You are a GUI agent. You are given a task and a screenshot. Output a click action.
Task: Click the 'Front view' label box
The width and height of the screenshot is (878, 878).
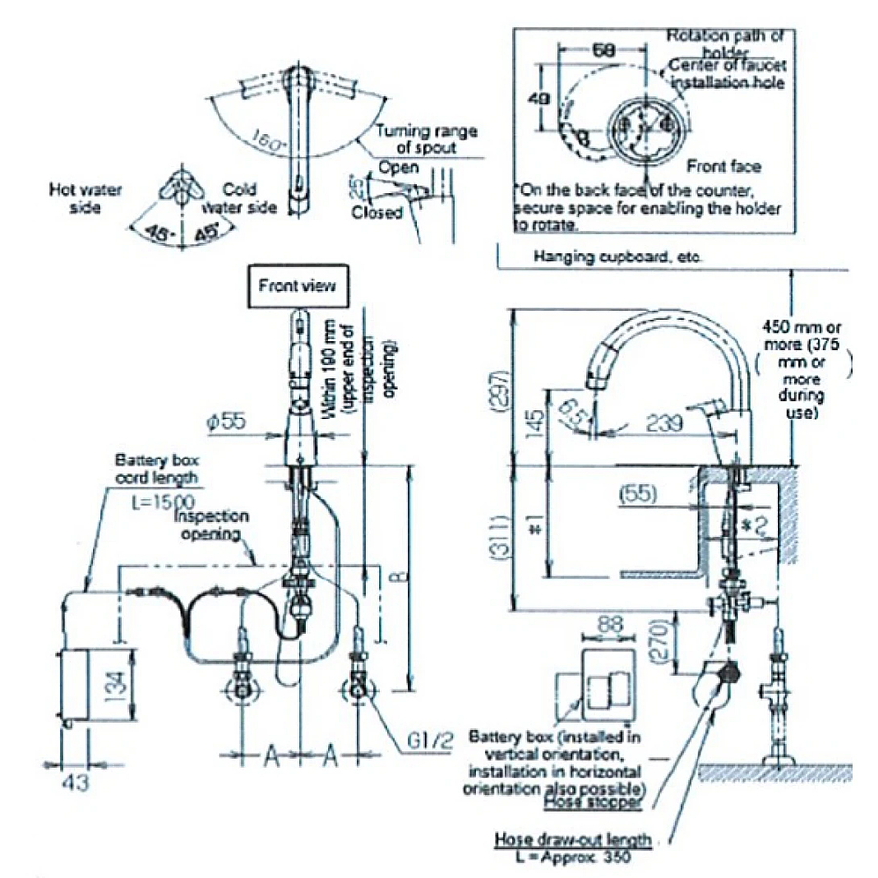297,286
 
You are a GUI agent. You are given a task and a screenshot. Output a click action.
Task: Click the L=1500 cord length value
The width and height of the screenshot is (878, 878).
141,498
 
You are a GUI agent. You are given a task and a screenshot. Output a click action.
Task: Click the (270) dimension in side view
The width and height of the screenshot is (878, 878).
659,645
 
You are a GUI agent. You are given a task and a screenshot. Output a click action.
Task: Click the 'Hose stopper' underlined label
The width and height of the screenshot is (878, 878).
592,801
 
